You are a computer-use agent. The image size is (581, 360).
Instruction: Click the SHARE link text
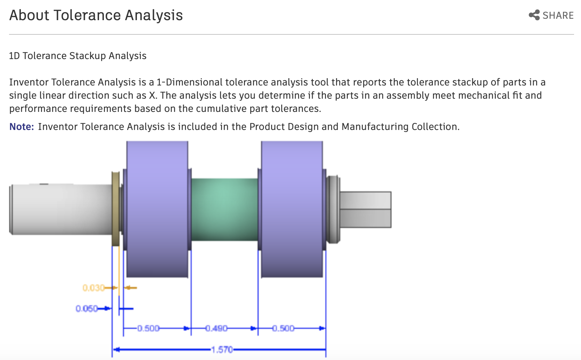coord(558,16)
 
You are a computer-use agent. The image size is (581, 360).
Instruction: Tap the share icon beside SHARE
coord(534,15)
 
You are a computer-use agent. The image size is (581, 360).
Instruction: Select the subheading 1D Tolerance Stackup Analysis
coord(77,56)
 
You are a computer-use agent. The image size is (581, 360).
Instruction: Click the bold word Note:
coord(22,127)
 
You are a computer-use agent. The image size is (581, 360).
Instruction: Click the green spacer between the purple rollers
coord(224,210)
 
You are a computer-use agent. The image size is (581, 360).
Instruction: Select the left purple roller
coord(157,208)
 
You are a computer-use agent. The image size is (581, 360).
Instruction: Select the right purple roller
coord(292,208)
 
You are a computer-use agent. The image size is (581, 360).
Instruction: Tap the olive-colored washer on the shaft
coord(115,208)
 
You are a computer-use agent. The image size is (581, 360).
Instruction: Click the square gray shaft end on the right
coord(365,210)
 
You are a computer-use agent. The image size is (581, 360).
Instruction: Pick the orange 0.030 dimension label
coord(93,288)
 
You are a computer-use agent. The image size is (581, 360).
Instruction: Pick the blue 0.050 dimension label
coord(87,309)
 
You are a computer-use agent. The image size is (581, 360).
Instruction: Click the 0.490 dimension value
coord(216,328)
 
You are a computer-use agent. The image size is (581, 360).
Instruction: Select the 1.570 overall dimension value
coord(222,350)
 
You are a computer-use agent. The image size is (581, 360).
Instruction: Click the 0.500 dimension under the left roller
coord(148,328)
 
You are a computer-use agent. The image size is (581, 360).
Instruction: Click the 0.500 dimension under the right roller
coord(283,328)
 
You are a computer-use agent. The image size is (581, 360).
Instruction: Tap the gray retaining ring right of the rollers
coord(333,210)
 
